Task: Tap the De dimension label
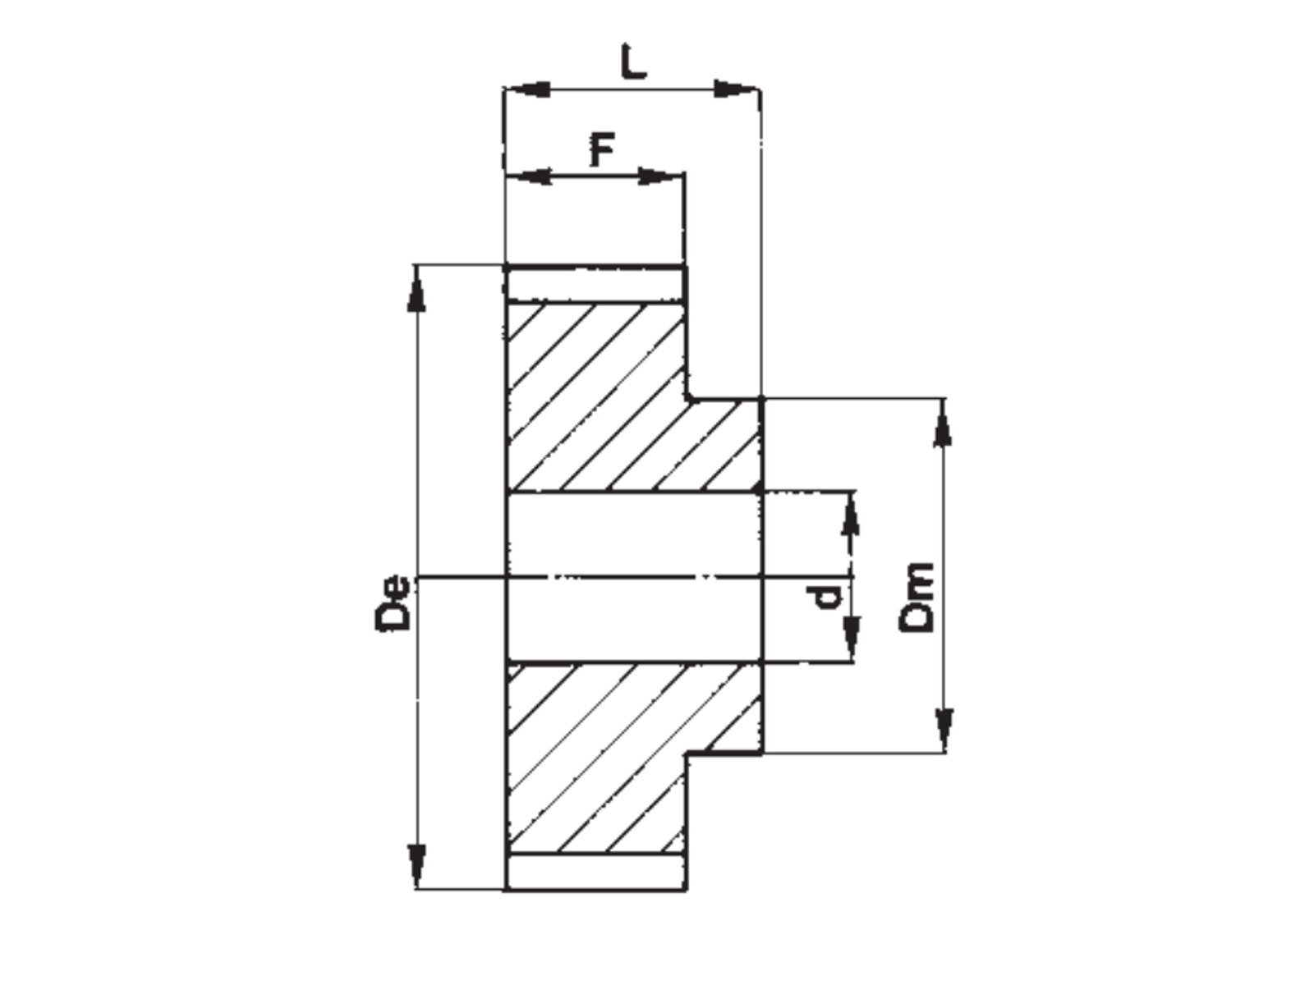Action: click(393, 602)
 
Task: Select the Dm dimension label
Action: click(916, 598)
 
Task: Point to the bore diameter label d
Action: click(825, 598)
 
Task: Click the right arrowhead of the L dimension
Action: click(737, 89)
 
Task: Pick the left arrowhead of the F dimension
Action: click(529, 176)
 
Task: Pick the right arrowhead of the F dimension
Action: click(661, 176)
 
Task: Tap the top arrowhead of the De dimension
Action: click(416, 289)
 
